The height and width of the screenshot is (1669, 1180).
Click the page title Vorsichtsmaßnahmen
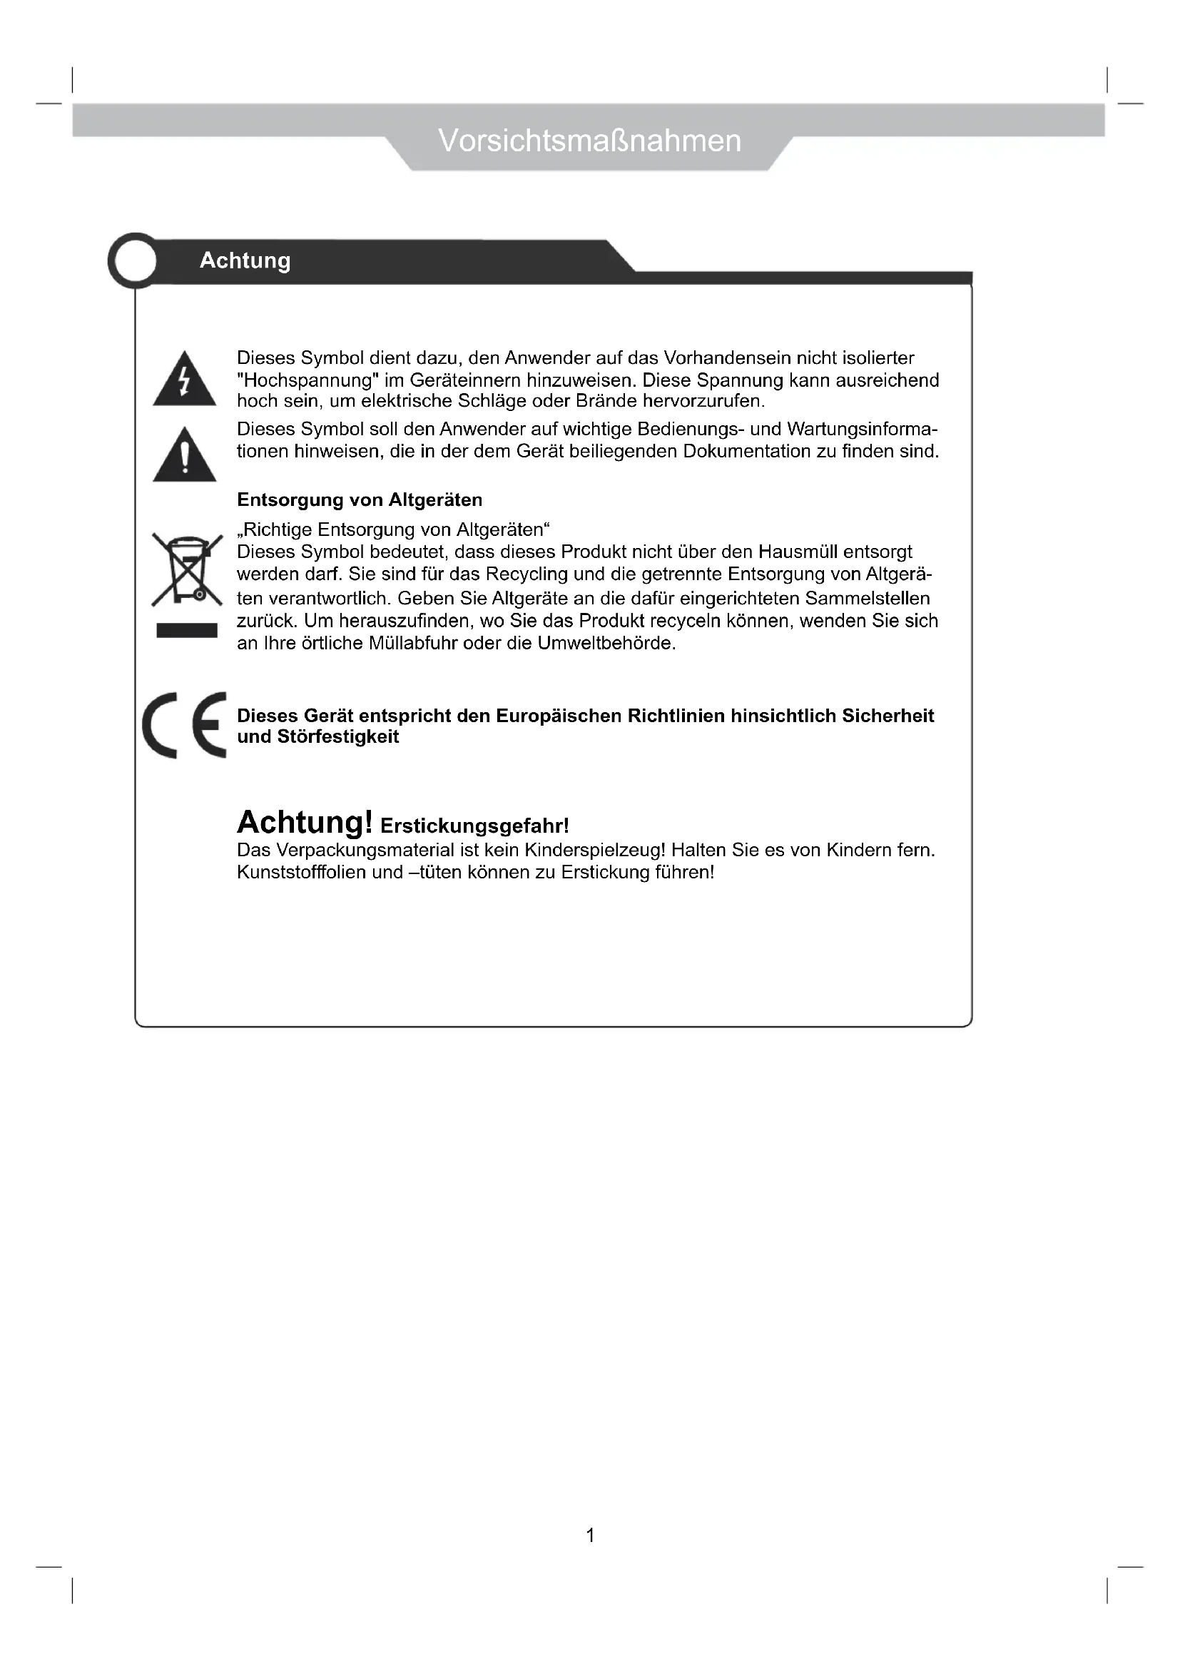click(x=589, y=141)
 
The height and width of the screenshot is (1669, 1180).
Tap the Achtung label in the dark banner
click(x=245, y=260)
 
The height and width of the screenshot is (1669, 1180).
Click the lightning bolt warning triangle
click(x=185, y=380)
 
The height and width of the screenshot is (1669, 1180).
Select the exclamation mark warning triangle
click(x=185, y=456)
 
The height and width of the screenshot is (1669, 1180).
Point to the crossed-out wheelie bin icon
click(x=187, y=570)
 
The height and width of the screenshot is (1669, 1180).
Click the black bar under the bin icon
click(x=187, y=630)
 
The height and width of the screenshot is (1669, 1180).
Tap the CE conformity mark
click(x=185, y=725)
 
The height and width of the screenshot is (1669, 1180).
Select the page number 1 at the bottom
click(x=590, y=1536)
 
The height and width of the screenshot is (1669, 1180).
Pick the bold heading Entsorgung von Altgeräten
click(x=360, y=500)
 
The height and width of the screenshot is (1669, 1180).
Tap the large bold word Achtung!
click(x=305, y=823)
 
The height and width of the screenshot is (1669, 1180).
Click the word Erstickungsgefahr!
click(x=474, y=826)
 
